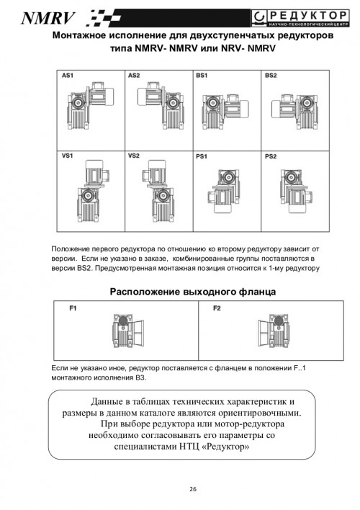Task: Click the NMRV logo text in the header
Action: (x=48, y=19)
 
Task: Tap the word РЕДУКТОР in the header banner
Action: (x=309, y=15)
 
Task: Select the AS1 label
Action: (x=68, y=76)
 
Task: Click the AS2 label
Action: (x=134, y=76)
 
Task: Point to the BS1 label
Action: (x=202, y=76)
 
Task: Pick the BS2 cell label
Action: (x=271, y=76)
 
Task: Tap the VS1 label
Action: (x=68, y=156)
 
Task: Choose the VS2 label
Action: (x=134, y=156)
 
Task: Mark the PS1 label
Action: (x=202, y=156)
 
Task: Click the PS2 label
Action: (x=271, y=156)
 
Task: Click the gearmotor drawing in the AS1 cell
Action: (x=91, y=105)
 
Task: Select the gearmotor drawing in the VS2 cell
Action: (x=158, y=191)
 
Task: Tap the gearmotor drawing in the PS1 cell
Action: (x=225, y=191)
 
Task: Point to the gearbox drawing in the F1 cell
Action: (x=128, y=331)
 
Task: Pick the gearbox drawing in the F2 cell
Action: (x=274, y=331)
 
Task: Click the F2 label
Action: (x=217, y=308)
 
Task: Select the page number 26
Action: (x=193, y=489)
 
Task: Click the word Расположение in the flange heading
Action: (x=145, y=292)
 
